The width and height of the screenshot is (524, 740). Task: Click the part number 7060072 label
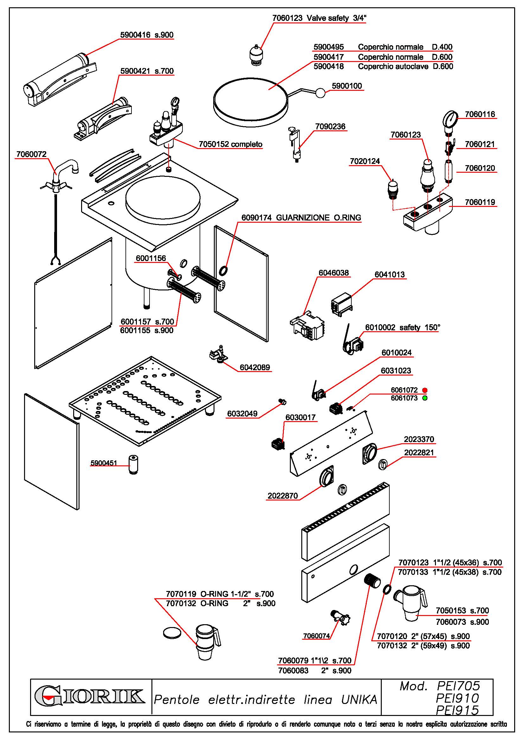point(31,154)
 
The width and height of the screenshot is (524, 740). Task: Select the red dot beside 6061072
point(425,390)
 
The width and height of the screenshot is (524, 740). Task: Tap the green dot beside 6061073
point(425,398)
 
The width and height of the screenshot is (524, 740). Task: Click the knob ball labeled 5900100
point(321,93)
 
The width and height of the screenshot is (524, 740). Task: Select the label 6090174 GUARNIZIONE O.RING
point(301,218)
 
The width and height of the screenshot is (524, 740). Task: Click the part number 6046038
point(334,273)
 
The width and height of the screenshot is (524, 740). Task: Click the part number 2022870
point(282,496)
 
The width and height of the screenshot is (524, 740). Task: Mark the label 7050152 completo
point(230,144)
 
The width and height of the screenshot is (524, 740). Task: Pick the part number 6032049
point(242,414)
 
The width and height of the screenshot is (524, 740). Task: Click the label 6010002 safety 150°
point(402,327)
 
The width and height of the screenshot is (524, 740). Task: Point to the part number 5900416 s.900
point(147,35)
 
